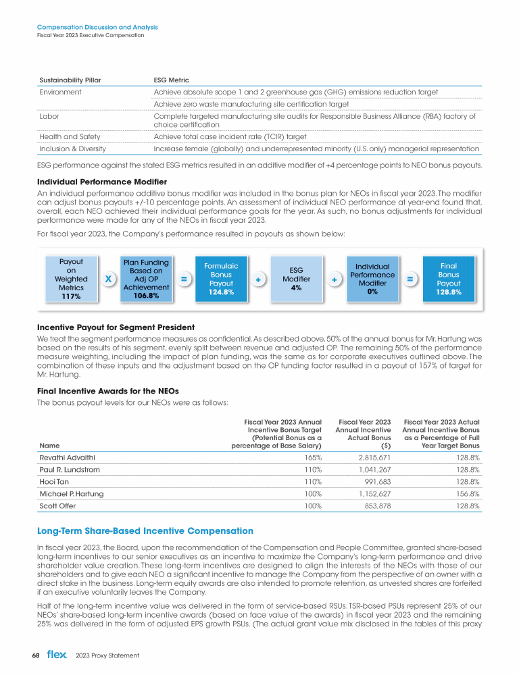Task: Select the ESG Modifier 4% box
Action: coord(296,279)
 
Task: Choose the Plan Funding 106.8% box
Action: coord(146,279)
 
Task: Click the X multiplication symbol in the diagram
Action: coord(108,279)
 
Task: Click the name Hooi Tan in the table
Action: coord(53,481)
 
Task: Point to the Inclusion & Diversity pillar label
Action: coord(74,148)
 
